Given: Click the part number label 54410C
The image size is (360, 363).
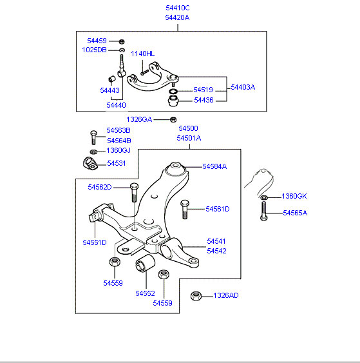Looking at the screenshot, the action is click(178, 8).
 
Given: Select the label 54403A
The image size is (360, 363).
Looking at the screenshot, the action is click(243, 87).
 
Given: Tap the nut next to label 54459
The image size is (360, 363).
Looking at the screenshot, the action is click(122, 41).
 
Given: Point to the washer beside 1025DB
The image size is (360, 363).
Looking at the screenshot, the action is click(122, 50).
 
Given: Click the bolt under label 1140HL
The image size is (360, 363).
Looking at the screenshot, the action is click(144, 72).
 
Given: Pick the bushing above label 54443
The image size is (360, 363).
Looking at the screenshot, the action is click(112, 79).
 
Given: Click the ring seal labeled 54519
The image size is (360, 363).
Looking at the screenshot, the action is click(173, 91).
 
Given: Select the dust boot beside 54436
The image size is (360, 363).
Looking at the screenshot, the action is click(173, 101).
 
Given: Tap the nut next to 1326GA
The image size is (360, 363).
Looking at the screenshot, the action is click(173, 119).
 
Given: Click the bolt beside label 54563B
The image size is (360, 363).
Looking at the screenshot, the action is click(93, 137).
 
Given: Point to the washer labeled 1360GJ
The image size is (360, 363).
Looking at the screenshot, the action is click(93, 152).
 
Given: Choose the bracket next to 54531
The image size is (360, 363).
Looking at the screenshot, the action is click(90, 163).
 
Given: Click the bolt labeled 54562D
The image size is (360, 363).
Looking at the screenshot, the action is click(135, 192).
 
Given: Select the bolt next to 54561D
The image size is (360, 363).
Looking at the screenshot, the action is click(185, 210).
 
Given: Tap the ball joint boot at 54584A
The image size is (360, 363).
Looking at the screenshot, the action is click(176, 169).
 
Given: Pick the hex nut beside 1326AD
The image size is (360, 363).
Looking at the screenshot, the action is click(196, 296).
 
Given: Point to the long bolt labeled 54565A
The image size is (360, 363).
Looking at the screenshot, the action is click(263, 211).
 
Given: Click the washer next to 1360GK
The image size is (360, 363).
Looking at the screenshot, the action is click(264, 197).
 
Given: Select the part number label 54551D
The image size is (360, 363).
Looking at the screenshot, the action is click(95, 242).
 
